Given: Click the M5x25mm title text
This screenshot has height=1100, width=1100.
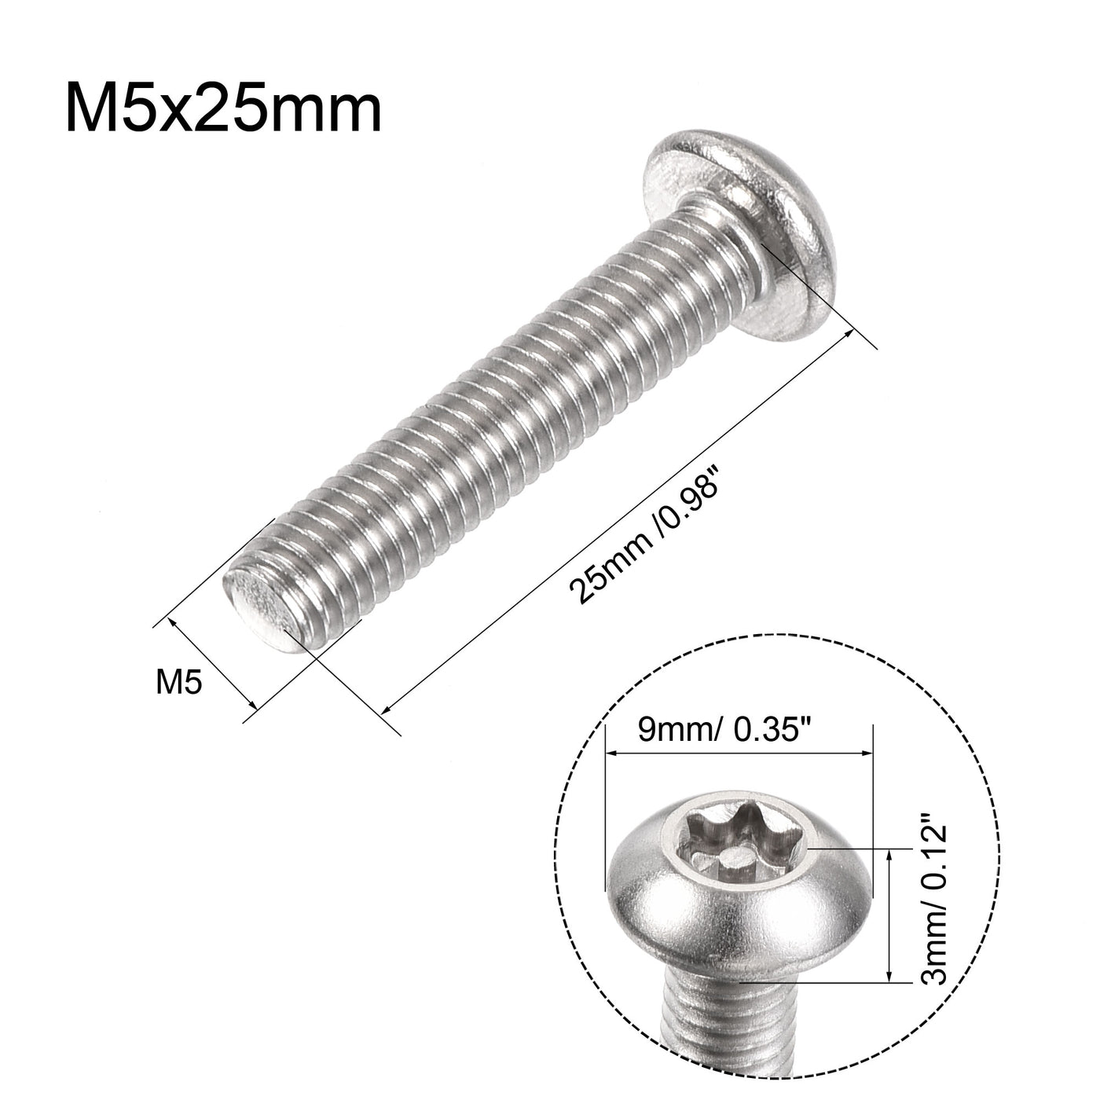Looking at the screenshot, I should [223, 109].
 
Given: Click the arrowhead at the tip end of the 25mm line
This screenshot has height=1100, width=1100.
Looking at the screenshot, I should [387, 709].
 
